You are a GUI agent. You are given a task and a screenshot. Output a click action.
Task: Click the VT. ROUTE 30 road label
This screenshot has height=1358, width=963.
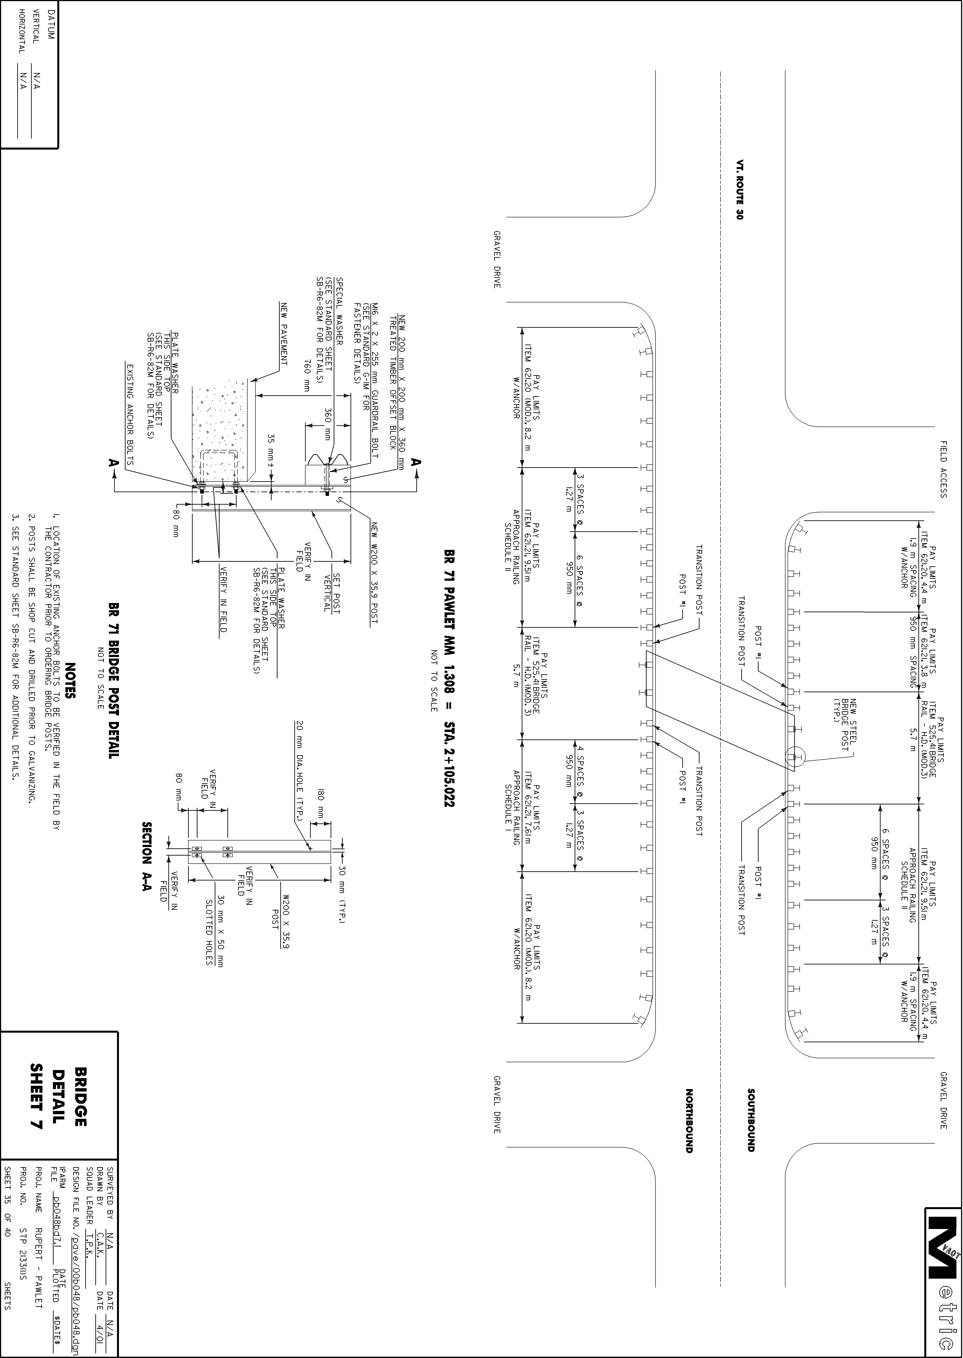739,190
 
